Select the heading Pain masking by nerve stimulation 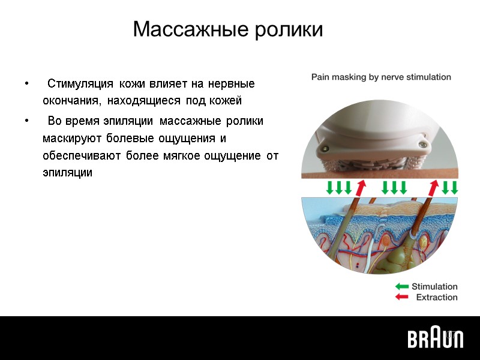380,77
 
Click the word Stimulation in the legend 434,287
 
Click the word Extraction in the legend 437,297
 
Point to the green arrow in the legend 401,287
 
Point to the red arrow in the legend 401,297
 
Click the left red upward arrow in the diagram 360,187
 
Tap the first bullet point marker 26,83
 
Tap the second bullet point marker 26,121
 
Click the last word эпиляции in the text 67,172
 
